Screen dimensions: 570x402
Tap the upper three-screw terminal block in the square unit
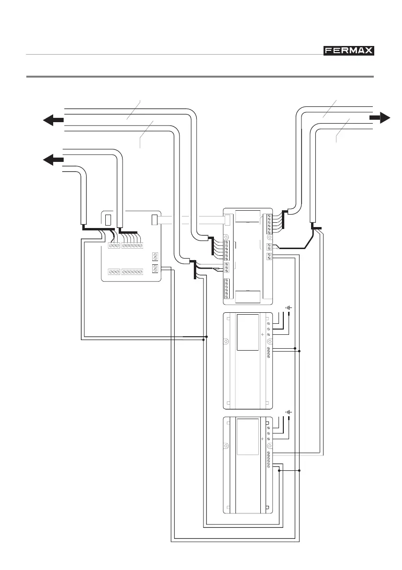[114, 245]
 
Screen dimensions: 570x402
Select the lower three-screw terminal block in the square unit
[114, 272]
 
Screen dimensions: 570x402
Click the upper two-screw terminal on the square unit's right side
[155, 256]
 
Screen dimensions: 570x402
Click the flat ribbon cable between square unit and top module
[191, 221]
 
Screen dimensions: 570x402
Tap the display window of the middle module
[247, 331]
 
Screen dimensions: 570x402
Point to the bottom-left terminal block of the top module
[227, 288]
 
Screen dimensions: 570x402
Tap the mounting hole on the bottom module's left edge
[226, 446]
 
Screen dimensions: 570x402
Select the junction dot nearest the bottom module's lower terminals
[279, 471]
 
